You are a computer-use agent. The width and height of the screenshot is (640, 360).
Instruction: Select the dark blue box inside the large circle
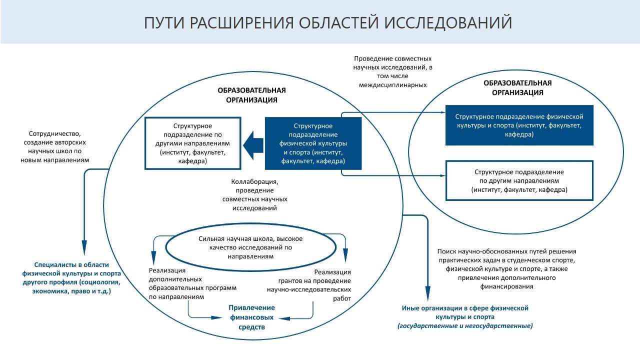coord(313,143)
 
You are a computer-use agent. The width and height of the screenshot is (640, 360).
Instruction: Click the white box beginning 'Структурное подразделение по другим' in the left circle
coord(192,143)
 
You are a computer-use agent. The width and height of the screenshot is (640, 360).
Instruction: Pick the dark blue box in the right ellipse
coord(519,125)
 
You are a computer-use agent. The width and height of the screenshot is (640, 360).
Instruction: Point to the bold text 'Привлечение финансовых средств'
coord(251,317)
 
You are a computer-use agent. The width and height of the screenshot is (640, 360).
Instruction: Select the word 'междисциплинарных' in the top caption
coord(392,85)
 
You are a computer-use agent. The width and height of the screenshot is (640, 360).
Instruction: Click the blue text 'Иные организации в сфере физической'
coord(465,308)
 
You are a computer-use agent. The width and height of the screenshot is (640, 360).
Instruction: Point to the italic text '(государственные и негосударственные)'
coord(465,326)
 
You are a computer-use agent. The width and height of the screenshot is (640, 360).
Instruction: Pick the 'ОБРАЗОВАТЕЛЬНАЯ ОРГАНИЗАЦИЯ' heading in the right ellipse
coord(517,87)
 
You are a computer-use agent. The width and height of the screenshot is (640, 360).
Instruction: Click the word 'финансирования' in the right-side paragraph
coord(506,287)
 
